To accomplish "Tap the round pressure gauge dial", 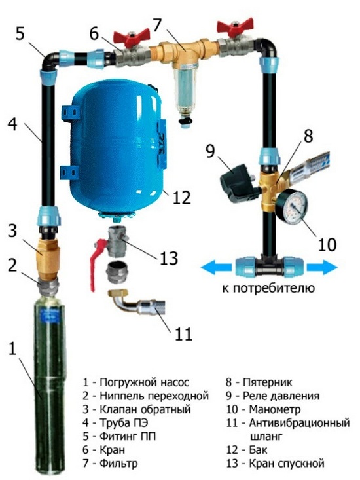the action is point(291,207).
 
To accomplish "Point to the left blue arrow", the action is point(215,267).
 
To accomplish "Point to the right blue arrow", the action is point(322,267).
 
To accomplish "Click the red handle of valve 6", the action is point(132,36).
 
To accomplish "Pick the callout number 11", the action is point(183,333).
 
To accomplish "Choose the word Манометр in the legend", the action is point(275,409).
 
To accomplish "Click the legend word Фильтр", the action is point(118,463).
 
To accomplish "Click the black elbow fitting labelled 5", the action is point(50,62).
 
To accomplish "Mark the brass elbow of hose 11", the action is point(118,299).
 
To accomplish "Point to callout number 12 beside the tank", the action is point(182,198).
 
